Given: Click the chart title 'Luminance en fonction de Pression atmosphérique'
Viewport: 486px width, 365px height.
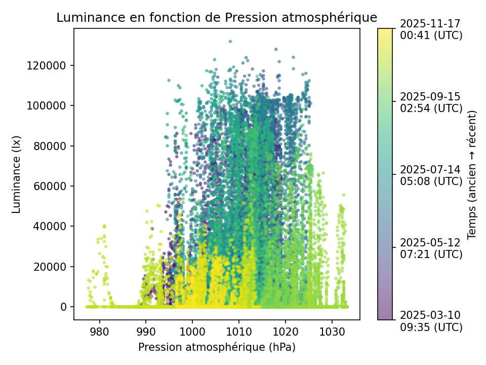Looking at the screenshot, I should (217, 17).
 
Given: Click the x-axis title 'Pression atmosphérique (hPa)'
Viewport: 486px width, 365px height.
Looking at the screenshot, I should (217, 347).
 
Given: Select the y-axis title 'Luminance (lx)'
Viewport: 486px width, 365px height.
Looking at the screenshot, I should (17, 174).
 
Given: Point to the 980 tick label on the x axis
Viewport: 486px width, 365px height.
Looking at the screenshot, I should (99, 332).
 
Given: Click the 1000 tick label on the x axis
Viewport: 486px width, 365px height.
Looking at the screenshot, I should (192, 332).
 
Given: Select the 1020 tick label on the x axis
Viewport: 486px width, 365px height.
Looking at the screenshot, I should (286, 332).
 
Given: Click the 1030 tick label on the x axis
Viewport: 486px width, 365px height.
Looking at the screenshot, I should (332, 332).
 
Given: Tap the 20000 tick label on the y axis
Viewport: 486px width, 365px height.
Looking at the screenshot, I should (54, 267).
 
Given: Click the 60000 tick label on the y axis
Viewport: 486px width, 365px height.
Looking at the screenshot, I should (54, 186).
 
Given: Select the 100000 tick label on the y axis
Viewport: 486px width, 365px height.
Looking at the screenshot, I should (52, 105).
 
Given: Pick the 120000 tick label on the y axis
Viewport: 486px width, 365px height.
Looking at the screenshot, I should (52, 65).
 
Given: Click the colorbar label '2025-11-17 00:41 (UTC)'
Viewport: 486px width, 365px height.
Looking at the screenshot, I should (431, 29).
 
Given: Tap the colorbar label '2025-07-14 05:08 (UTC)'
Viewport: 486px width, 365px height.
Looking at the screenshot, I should (431, 175).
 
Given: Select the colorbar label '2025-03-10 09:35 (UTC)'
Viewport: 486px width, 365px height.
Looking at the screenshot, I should (431, 321).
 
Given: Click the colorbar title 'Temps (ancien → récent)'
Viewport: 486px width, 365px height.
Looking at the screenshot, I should (472, 174).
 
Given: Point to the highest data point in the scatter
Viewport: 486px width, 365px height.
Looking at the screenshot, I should (230, 42).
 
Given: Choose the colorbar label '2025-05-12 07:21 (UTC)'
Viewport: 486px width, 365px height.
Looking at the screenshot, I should (431, 248).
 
